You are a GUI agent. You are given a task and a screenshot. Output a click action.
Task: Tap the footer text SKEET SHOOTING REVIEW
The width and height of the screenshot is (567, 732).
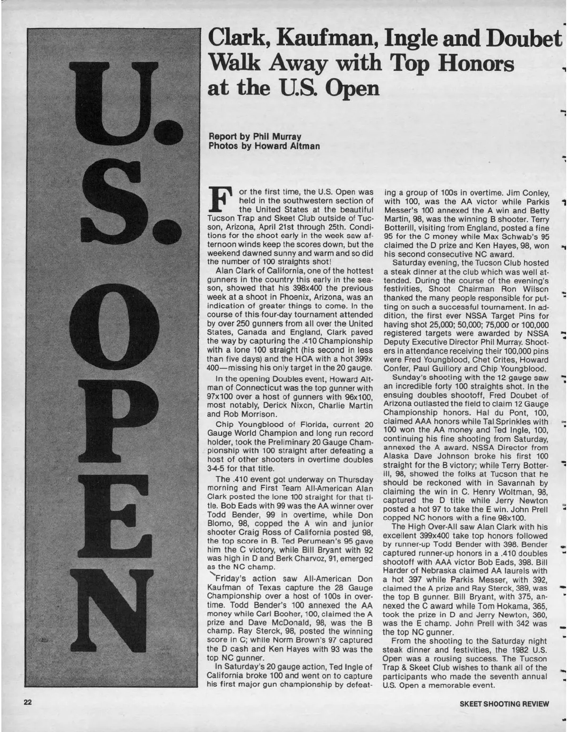click(505, 704)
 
